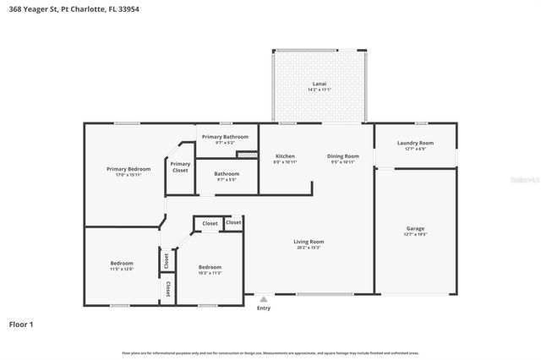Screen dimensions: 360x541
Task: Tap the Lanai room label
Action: point(320,84)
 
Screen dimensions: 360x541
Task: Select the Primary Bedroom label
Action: point(128,169)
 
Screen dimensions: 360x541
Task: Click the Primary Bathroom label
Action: point(225,137)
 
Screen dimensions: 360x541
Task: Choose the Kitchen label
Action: point(285,156)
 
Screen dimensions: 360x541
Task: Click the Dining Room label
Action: point(343,156)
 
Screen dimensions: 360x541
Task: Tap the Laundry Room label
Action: point(415,143)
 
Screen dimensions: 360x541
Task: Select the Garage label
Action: point(415,229)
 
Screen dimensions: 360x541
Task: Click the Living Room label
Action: point(309,242)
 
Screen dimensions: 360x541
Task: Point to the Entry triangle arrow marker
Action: point(264,298)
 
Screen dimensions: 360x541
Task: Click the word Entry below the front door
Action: point(264,308)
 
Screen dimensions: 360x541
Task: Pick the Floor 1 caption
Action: point(21,324)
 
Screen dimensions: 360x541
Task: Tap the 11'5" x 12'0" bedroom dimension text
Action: point(122,269)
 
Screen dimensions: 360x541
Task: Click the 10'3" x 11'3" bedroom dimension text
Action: point(210,272)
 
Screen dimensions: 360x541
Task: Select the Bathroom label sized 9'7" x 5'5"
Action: point(227,174)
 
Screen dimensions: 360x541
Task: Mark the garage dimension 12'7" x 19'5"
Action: point(415,234)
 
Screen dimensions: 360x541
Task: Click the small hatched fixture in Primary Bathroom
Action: point(246,155)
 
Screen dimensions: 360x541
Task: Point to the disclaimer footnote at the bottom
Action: point(270,352)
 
